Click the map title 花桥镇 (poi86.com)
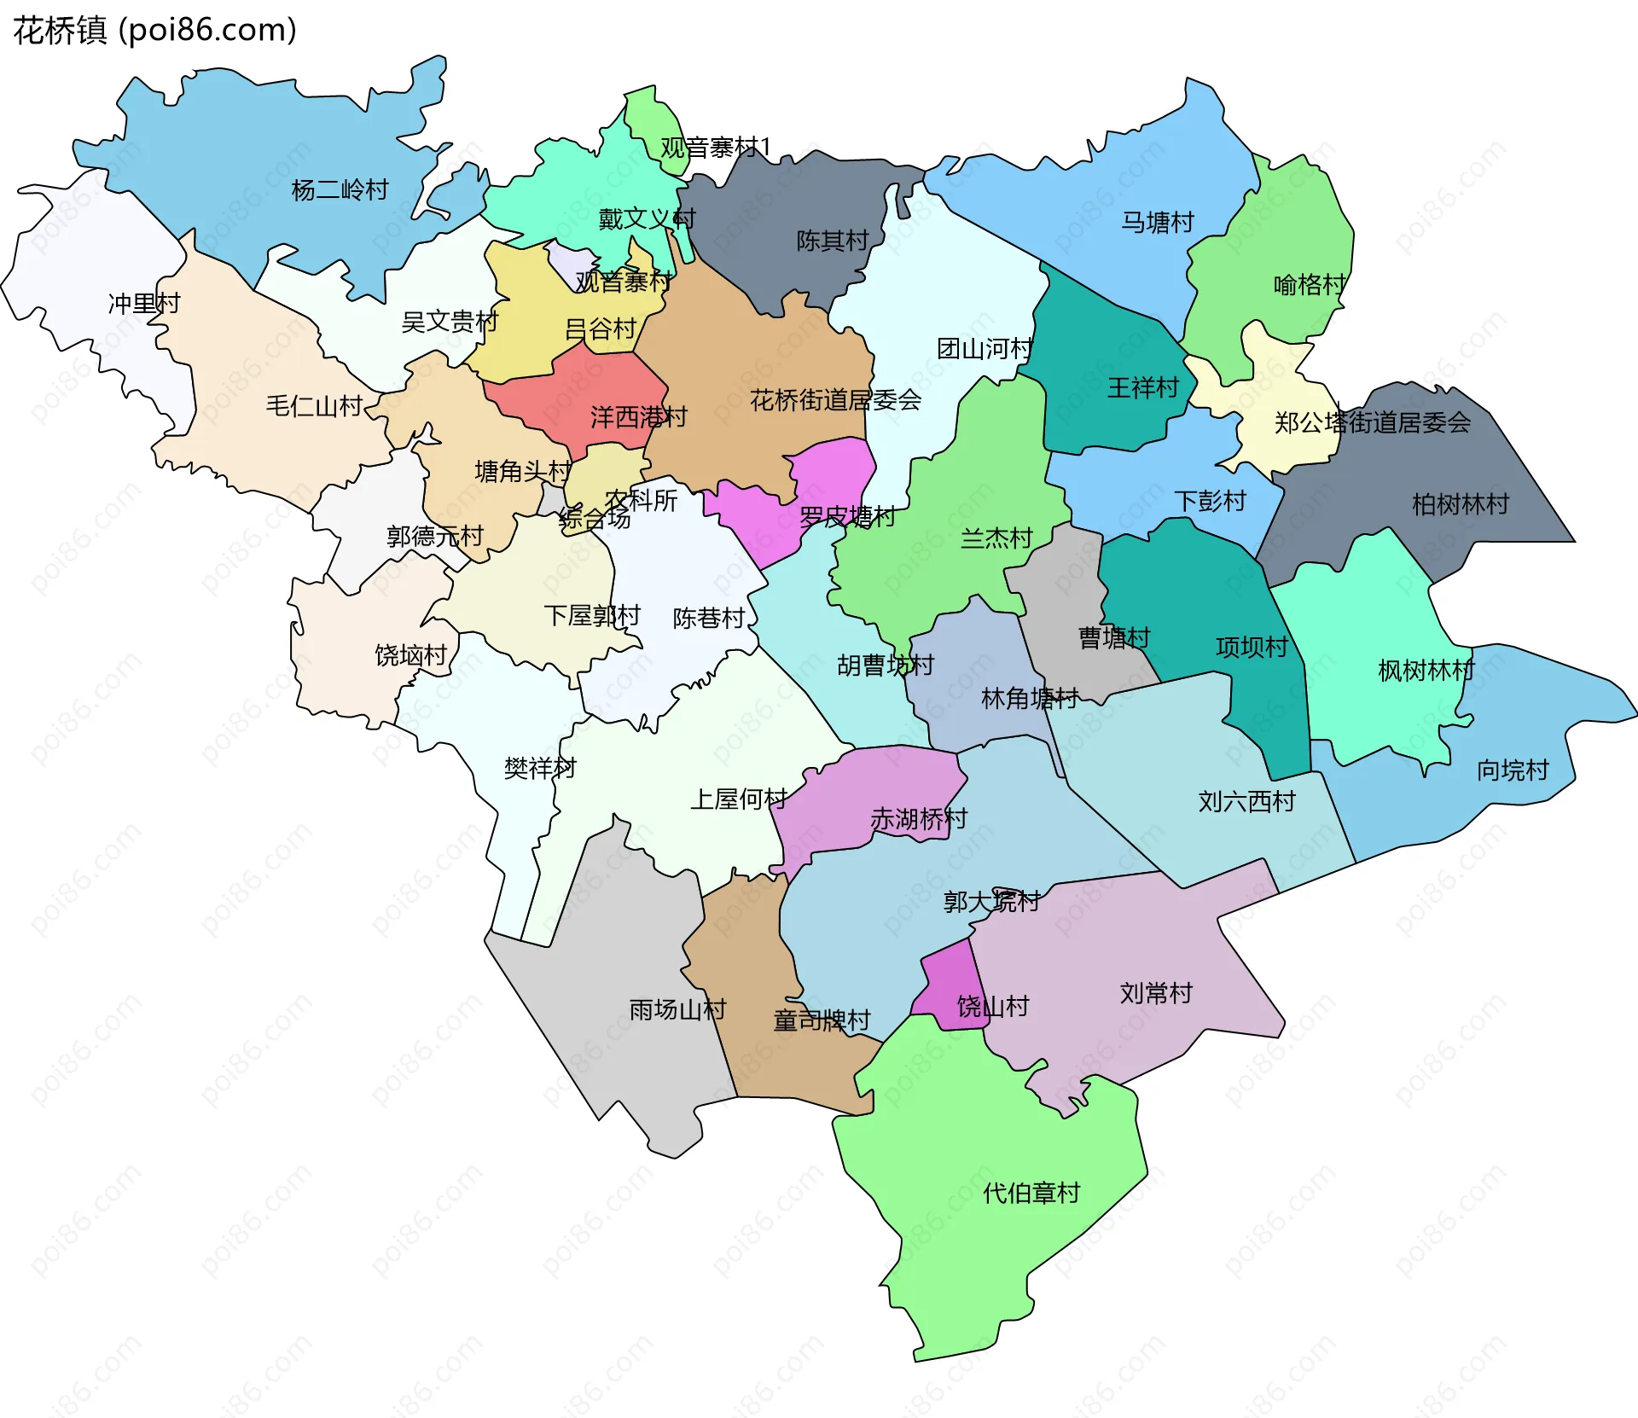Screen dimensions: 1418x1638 pos(154,30)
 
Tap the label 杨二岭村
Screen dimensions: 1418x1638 pos(340,189)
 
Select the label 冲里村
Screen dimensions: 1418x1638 pos(143,304)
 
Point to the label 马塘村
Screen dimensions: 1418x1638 pos(1157,223)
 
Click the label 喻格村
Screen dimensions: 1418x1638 pos(1309,285)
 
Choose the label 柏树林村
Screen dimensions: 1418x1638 pos(1460,504)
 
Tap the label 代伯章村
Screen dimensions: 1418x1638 pos(1031,1193)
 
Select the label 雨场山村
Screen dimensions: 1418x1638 pos(677,1010)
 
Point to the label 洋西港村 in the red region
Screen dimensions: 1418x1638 pos(638,417)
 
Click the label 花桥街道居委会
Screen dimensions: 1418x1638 pos(835,400)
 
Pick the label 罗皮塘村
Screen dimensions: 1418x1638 pos(846,517)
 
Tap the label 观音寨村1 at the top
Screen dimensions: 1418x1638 pos(715,148)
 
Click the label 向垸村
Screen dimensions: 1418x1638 pos(1512,770)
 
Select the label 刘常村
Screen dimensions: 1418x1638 pos(1155,993)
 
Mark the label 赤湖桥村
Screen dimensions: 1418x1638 pos(918,819)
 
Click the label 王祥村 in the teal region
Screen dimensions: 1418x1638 pos(1141,388)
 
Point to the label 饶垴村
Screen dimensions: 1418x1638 pos(410,655)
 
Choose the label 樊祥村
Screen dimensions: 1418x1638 pos(539,769)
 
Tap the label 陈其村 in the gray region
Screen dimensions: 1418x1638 pos(832,241)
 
